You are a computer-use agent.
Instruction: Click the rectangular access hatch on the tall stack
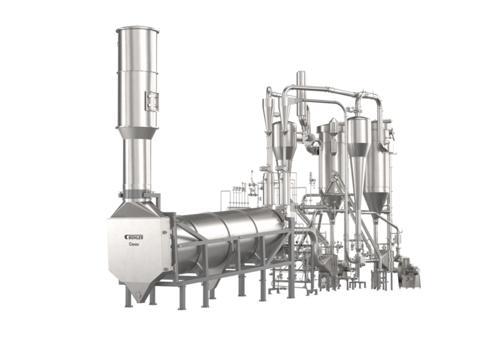[149, 99]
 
